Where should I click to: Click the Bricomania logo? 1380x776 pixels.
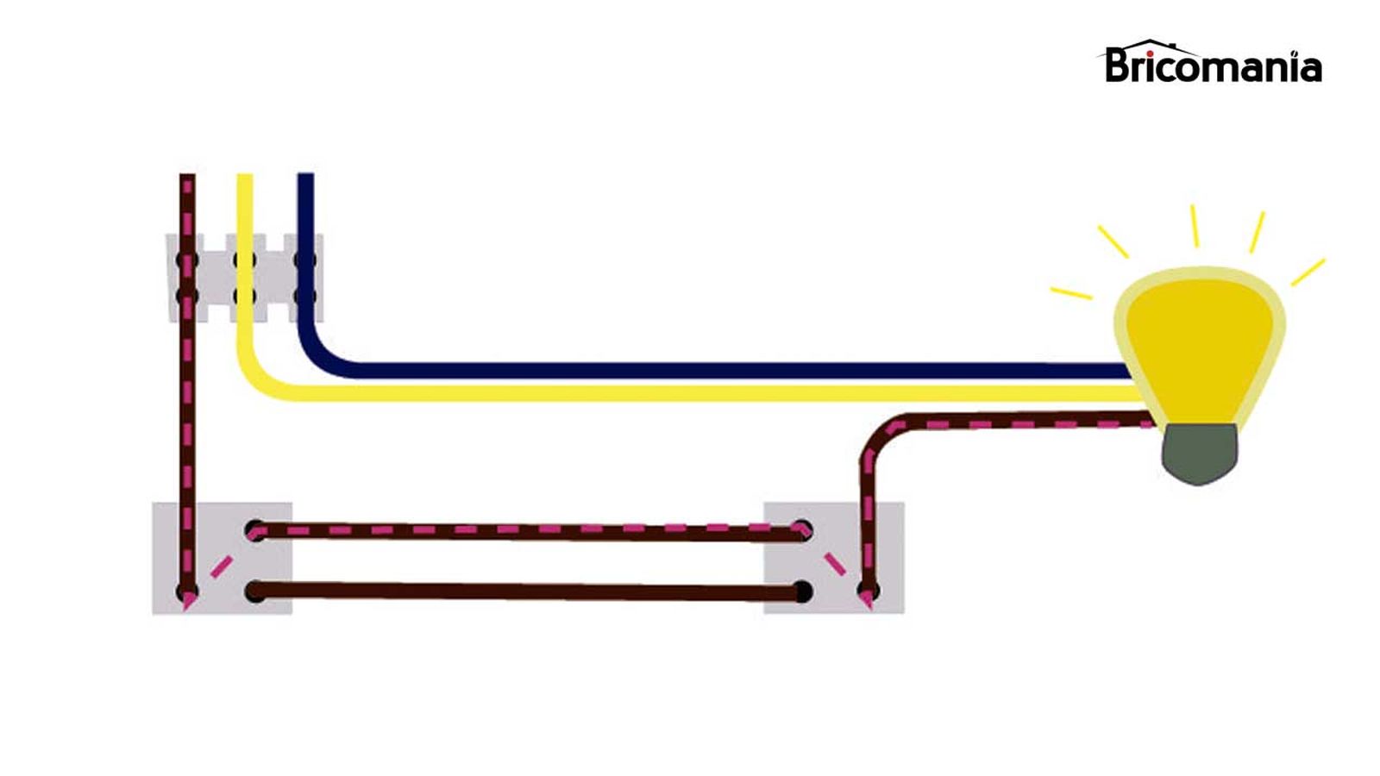[x=1212, y=64]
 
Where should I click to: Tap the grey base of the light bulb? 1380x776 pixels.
[x=1200, y=453]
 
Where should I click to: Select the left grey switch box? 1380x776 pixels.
[x=223, y=558]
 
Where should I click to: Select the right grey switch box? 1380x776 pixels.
[x=833, y=558]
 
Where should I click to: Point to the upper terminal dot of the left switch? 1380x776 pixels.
[x=255, y=530]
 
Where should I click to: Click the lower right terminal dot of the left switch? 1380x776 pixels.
[x=255, y=591]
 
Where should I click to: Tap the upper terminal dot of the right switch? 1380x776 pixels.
[x=802, y=530]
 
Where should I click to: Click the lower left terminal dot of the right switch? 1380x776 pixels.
[x=802, y=592]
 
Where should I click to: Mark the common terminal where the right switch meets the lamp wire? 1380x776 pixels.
[x=868, y=591]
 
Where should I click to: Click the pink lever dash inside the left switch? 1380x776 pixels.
[x=222, y=566]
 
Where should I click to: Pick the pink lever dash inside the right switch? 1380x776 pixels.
[x=834, y=564]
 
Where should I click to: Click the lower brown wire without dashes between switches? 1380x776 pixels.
[x=526, y=592]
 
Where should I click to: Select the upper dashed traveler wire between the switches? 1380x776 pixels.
[x=526, y=531]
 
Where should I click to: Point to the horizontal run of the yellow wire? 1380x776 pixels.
[x=690, y=393]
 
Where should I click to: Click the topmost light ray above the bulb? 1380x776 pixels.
[x=1195, y=226]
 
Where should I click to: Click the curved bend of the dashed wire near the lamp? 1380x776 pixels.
[x=880, y=435]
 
